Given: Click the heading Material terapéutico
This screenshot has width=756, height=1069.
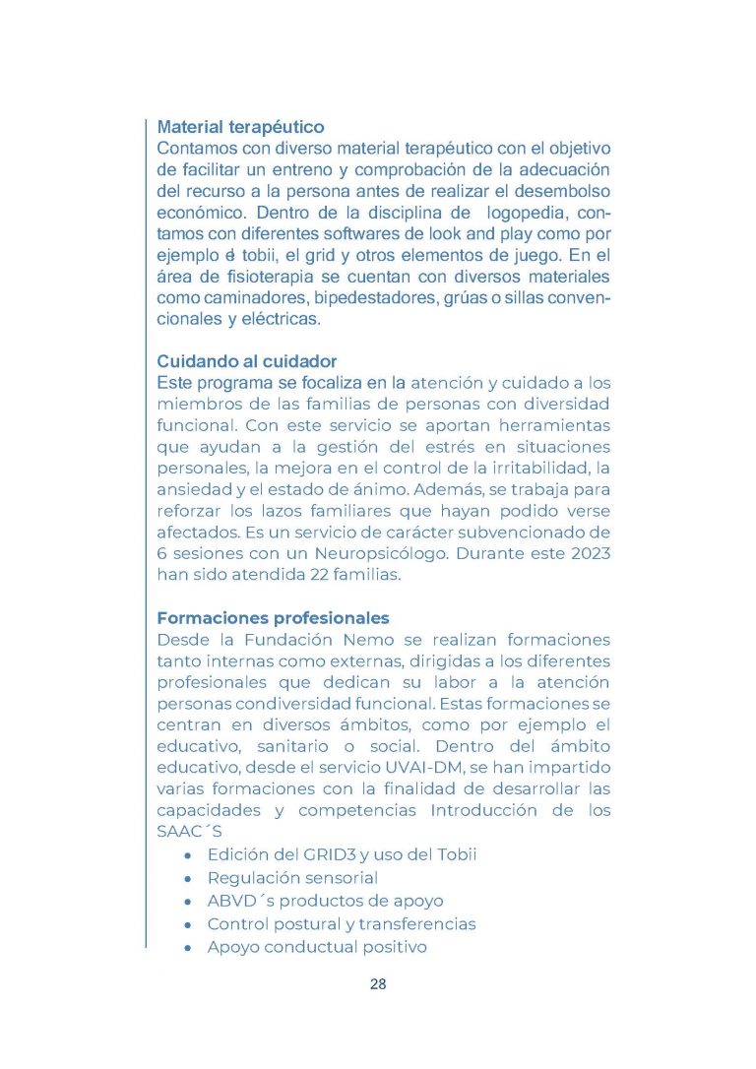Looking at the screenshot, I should coord(240,128).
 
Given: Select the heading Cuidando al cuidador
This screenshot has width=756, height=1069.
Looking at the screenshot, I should coord(247,361).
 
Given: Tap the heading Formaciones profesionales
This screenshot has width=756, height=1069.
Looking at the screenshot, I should coord(273,618).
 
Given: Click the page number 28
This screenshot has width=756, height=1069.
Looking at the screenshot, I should coord(378,984).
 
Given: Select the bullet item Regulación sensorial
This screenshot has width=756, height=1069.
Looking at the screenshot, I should coord(292,877).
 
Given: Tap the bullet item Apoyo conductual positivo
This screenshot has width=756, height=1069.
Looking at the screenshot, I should coord(317,948).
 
